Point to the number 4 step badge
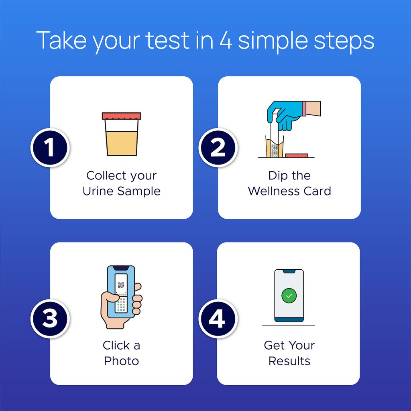[217, 320]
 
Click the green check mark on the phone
[289, 296]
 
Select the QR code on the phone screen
[121, 286]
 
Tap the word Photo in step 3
[121, 361]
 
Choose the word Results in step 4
[289, 361]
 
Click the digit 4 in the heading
[225, 40]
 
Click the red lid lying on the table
[296, 155]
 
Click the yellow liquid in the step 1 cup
[121, 144]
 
